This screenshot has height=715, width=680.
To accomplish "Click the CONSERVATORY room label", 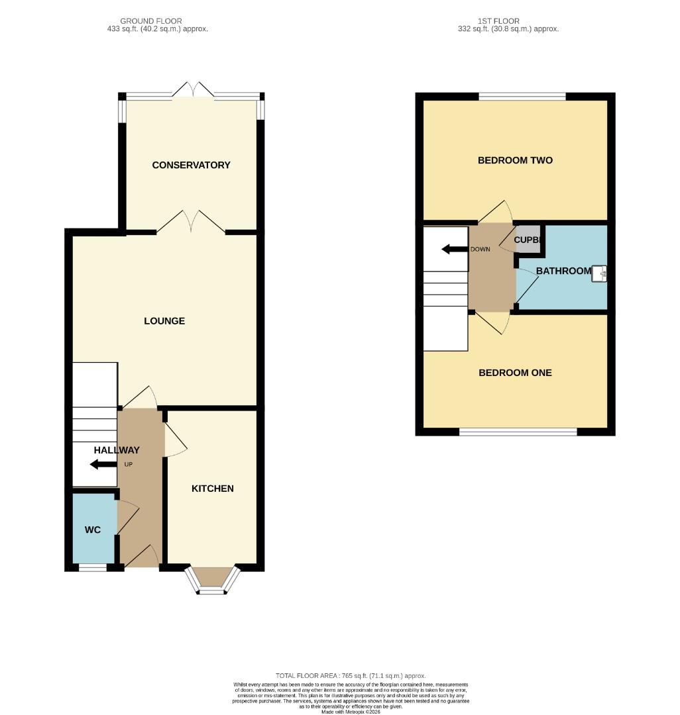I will pos(191,165).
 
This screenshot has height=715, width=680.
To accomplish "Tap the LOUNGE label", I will pos(164,321).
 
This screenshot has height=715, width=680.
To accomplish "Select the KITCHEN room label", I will pos(212,489).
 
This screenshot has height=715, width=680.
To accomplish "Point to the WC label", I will pos(91,530).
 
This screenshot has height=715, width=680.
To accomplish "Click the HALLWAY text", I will pos(117,450).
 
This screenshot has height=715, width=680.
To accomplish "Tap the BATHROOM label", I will pos(563,271).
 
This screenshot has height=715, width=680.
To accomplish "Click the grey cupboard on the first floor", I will pos(529,240).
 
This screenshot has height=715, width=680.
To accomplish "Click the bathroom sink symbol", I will pos(600,273).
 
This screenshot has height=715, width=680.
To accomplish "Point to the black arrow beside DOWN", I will pos(454,250).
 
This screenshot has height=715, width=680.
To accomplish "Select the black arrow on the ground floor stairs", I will pos(103,464).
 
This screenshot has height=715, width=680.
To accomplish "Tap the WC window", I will pos(93,567).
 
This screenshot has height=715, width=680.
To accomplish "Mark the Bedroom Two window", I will pos(522,97).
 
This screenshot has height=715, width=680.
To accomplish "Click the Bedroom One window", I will pos(518,432).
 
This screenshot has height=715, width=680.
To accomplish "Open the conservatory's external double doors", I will pos(193,92).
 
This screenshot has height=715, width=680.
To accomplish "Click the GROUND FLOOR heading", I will pos(151,21).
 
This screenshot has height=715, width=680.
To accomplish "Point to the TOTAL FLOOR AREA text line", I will pos(351,676).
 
